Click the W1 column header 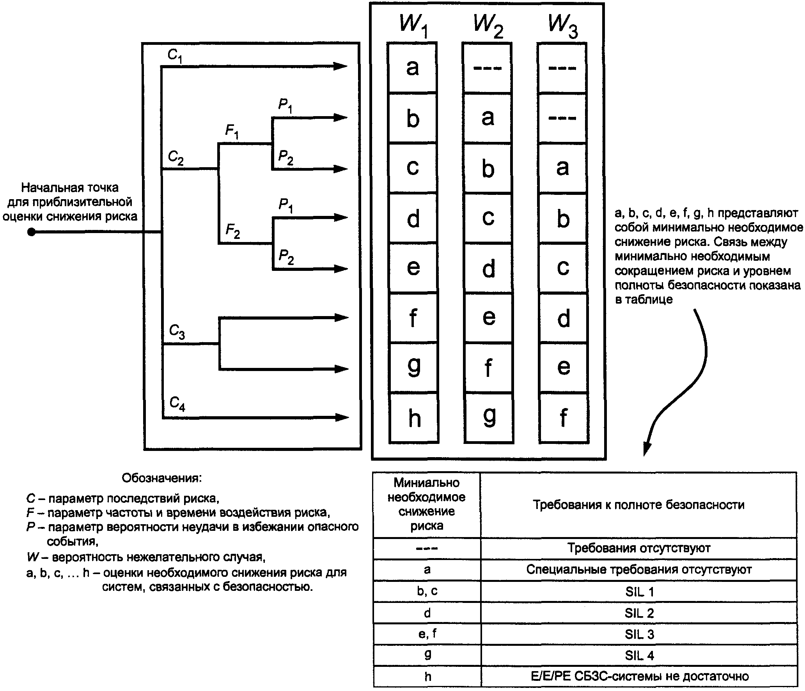[x=414, y=25]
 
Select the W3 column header [x=563, y=25]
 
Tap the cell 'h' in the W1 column [x=414, y=418]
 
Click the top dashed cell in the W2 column [x=487, y=68]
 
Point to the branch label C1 [x=175, y=56]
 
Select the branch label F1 [x=232, y=131]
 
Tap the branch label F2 [x=233, y=231]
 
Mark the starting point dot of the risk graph [x=32, y=232]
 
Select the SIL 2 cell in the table [x=639, y=613]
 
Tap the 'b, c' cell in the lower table [x=427, y=591]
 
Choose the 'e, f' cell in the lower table [x=427, y=634]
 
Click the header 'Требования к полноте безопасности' [x=639, y=505]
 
